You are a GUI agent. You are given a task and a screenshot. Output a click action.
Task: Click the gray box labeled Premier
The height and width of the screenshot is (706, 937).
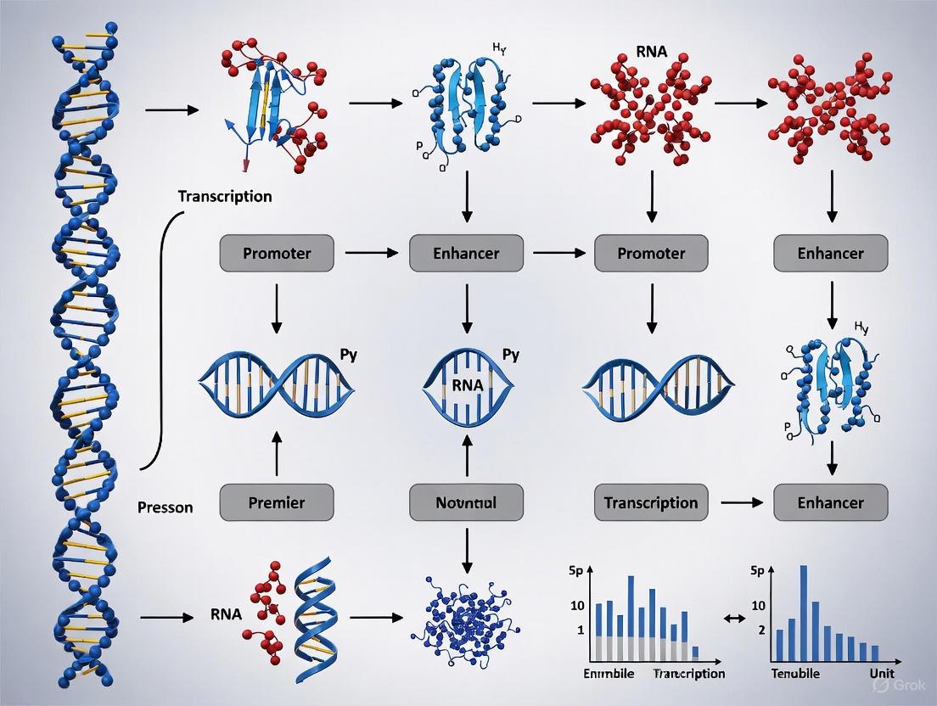277,502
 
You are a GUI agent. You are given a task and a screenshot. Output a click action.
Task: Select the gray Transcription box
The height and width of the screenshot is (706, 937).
651,502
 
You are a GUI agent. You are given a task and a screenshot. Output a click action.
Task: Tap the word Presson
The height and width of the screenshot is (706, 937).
165,507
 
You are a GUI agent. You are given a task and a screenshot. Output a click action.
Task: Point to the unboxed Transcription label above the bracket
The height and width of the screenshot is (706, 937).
225,196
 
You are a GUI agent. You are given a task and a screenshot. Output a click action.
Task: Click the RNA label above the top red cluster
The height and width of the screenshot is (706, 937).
651,52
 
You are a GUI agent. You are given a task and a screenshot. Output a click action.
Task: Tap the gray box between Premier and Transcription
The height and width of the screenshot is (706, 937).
465,502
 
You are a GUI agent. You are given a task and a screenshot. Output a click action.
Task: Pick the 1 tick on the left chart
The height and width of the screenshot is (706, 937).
581,630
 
